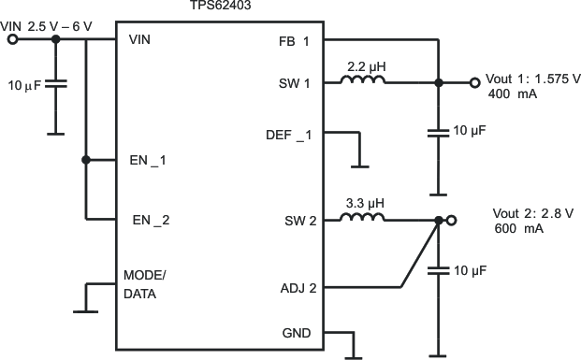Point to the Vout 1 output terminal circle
click(475, 82)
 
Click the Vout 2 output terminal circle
click(452, 221)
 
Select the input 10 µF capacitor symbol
click(55, 84)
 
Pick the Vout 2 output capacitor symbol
click(437, 271)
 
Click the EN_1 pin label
click(148, 160)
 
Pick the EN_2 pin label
click(149, 221)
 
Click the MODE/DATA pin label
click(145, 284)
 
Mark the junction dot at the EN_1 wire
click(85, 160)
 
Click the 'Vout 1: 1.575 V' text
click(531, 79)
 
